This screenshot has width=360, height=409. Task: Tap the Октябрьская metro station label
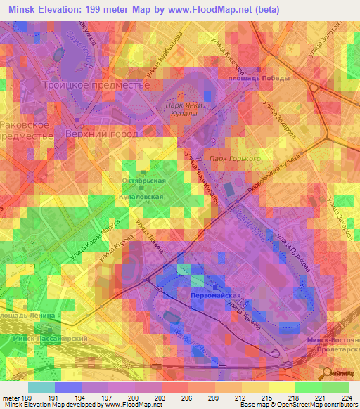pos(145,181)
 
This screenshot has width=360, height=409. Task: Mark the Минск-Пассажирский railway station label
pos(49,338)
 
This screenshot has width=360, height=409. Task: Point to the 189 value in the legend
pos(27,398)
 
